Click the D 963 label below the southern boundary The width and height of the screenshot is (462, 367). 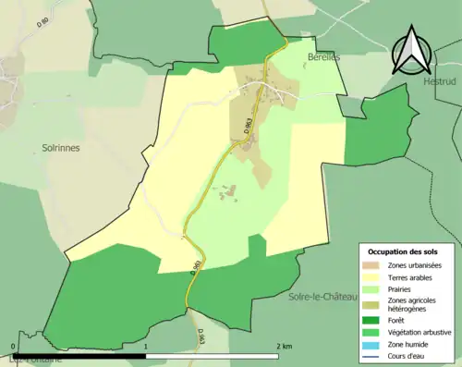coord(199,339)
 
